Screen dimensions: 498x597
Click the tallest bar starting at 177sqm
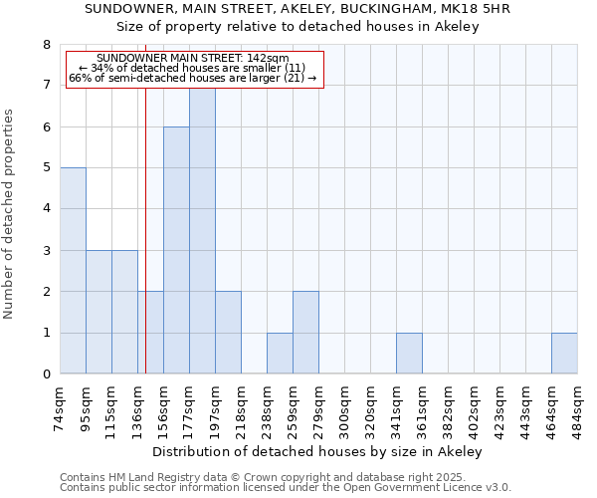coord(202,229)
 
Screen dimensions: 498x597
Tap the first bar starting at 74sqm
coord(73,270)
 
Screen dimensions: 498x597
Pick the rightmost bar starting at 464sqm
coord(564,354)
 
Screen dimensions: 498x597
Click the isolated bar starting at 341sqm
coord(409,354)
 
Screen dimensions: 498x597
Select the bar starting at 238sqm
coord(280,354)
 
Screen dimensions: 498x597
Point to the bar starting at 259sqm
coord(305,333)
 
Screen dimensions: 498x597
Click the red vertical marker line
coord(145,249)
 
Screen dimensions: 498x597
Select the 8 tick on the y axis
coord(46,45)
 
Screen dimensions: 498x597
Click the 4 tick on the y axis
coord(46,209)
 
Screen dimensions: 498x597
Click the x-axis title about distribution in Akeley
coord(318,451)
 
